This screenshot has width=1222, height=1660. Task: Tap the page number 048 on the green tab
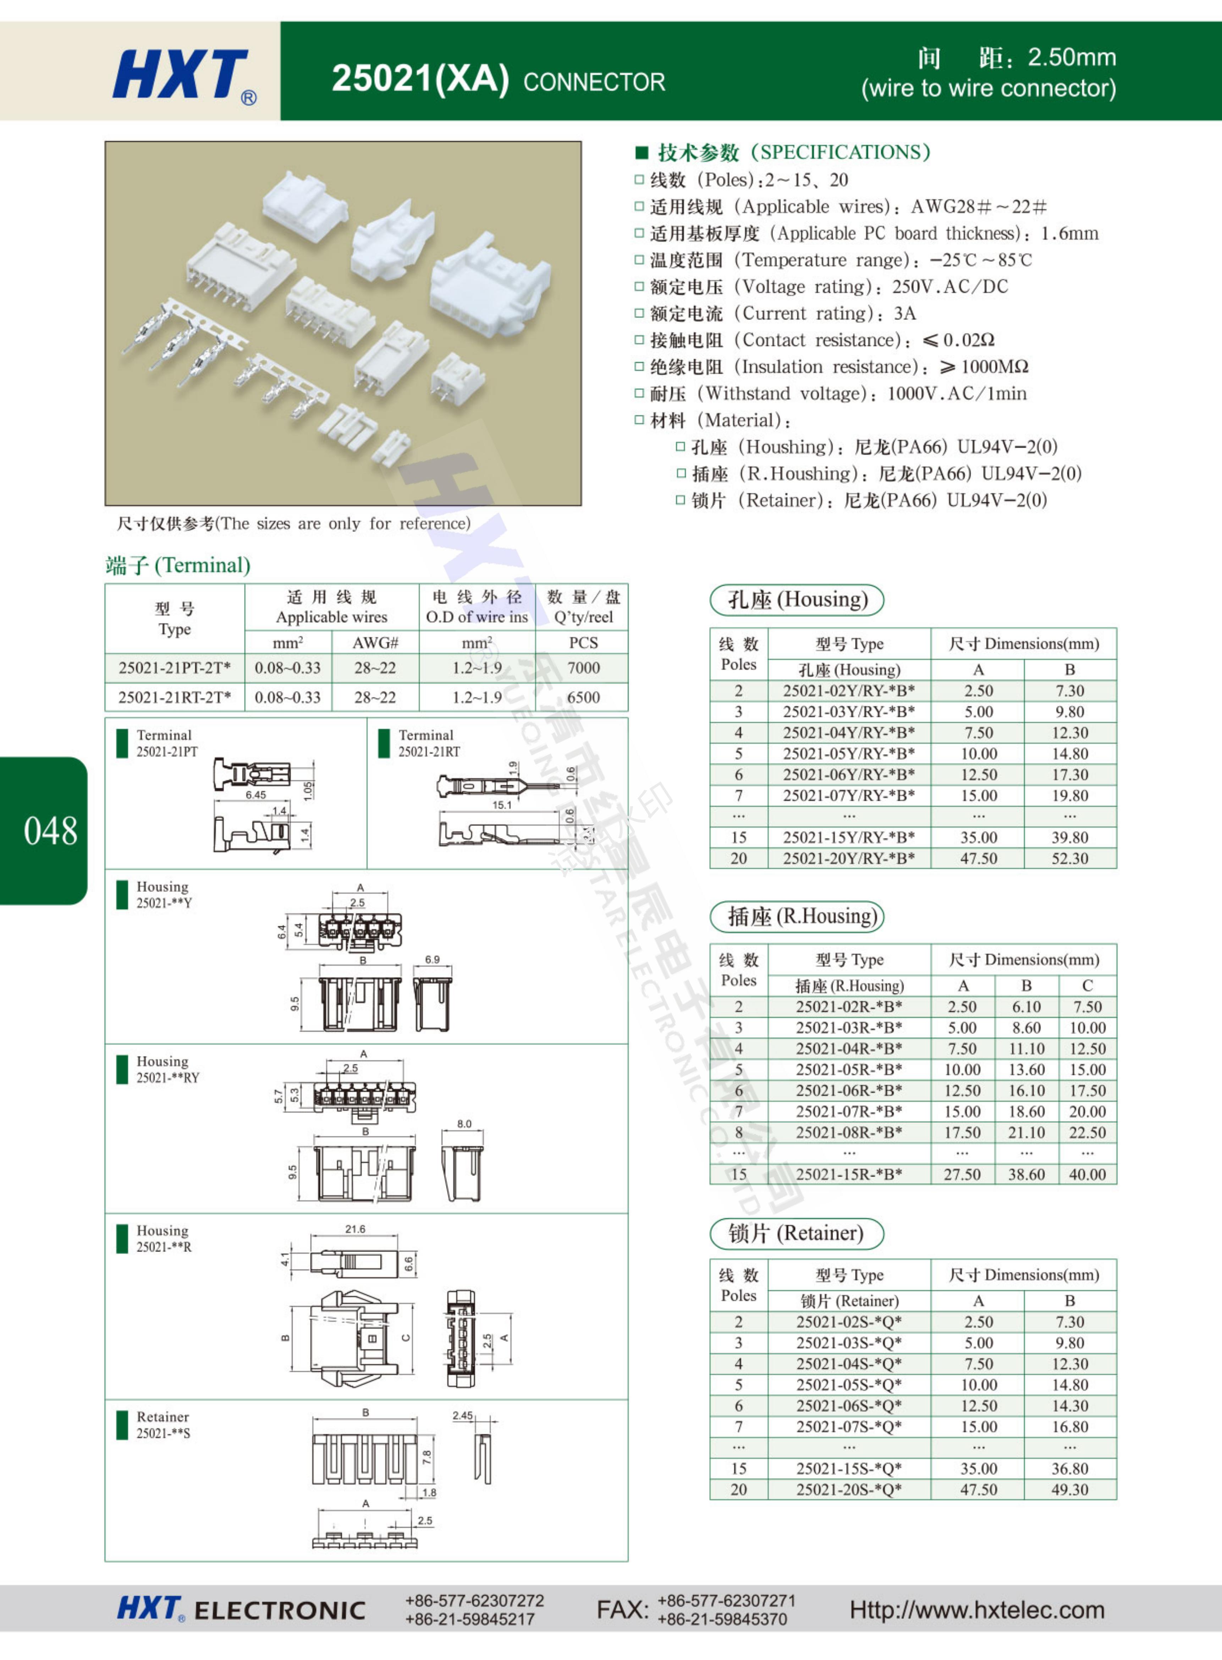tap(50, 831)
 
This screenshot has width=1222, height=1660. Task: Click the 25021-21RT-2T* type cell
tap(175, 697)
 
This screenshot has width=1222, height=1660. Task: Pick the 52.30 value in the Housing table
tap(1070, 859)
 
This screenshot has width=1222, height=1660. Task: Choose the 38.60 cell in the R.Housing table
tap(1026, 1175)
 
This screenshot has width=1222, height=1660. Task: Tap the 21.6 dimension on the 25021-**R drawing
tap(355, 1229)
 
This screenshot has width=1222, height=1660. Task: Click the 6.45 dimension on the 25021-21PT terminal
tap(256, 795)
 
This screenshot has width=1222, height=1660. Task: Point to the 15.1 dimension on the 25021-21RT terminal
tap(502, 805)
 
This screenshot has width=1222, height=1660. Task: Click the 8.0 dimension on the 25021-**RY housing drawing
tap(464, 1123)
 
